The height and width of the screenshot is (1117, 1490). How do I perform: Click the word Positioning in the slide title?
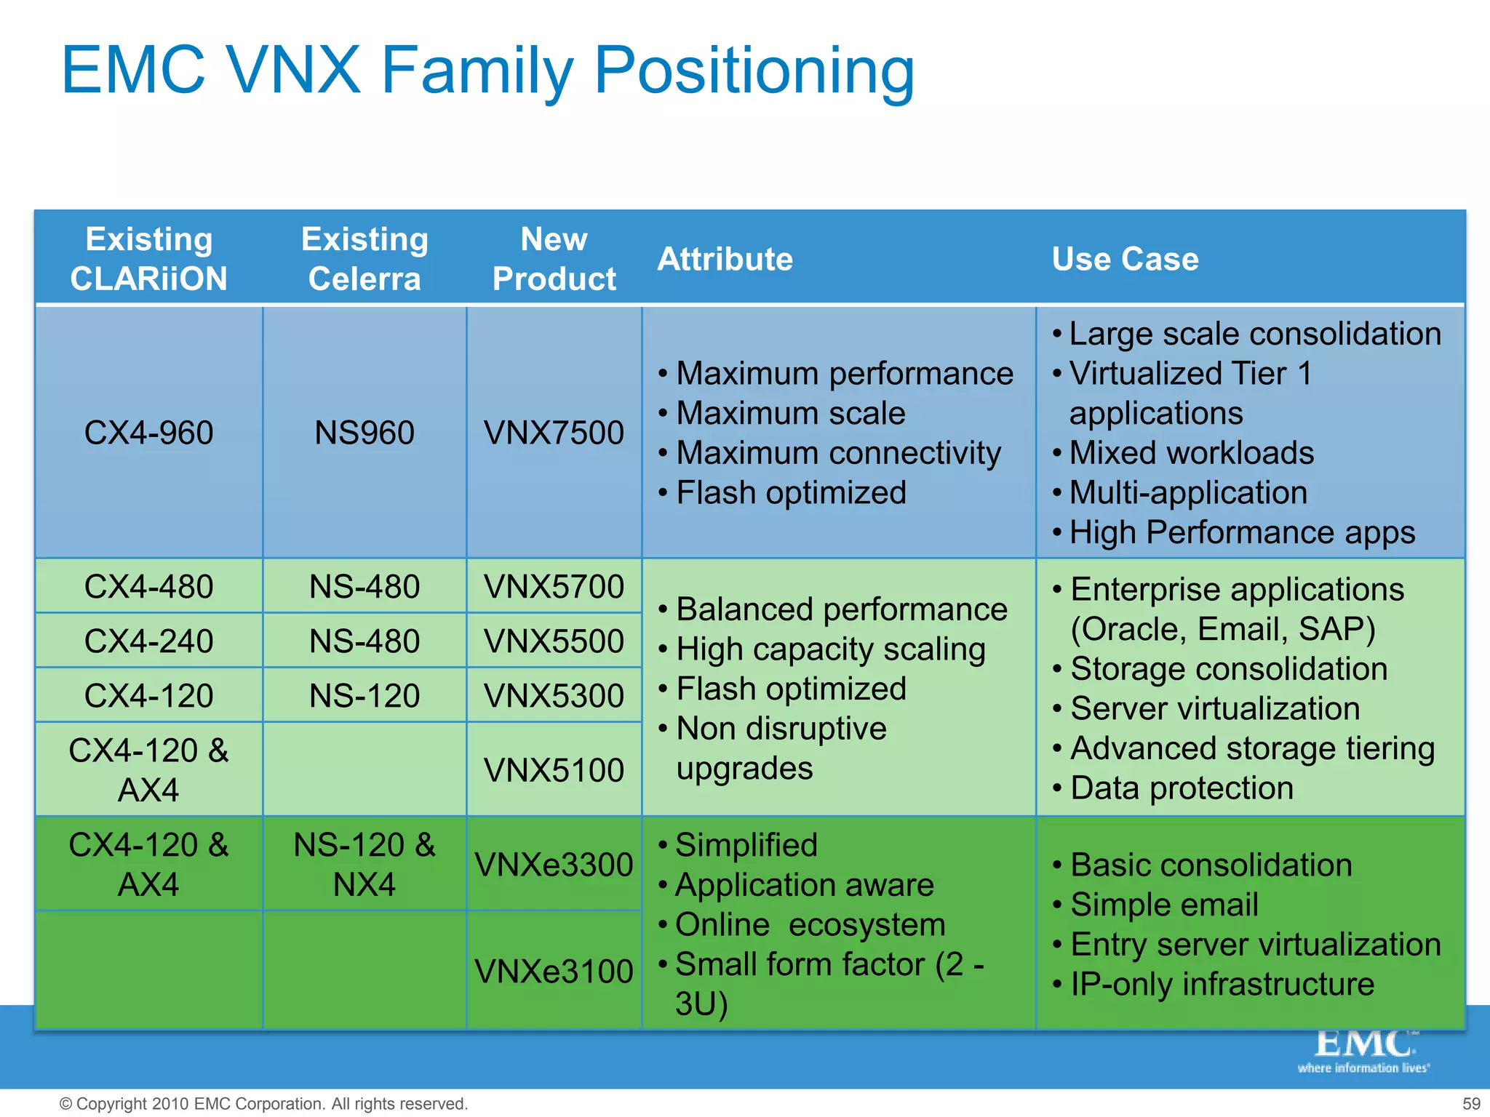(754, 71)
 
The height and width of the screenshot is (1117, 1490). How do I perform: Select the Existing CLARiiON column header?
(149, 259)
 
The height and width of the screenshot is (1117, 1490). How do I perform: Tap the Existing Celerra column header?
(364, 259)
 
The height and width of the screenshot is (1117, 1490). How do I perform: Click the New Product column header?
(554, 259)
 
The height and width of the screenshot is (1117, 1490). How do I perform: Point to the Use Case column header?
(1125, 259)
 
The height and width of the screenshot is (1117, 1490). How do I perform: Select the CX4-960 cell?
(149, 433)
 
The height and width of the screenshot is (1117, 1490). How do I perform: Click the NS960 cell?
(364, 433)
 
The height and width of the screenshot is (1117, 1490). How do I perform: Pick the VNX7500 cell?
(554, 433)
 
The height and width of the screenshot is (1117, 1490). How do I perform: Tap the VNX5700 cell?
(554, 587)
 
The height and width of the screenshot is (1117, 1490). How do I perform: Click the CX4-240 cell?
(149, 641)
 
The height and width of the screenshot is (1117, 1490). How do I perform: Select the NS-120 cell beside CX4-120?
(364, 696)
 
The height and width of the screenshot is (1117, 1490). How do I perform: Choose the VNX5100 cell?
(554, 770)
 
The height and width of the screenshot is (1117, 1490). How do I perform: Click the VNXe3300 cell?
(554, 865)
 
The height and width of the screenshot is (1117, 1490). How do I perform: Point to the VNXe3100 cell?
(554, 972)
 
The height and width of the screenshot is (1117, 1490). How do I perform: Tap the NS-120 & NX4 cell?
(364, 865)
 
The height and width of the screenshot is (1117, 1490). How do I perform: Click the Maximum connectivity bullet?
(838, 453)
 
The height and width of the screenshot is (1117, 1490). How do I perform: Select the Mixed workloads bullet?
(1191, 453)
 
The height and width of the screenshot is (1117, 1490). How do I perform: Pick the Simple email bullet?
(1164, 905)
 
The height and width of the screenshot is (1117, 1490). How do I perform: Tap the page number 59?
(1471, 1104)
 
